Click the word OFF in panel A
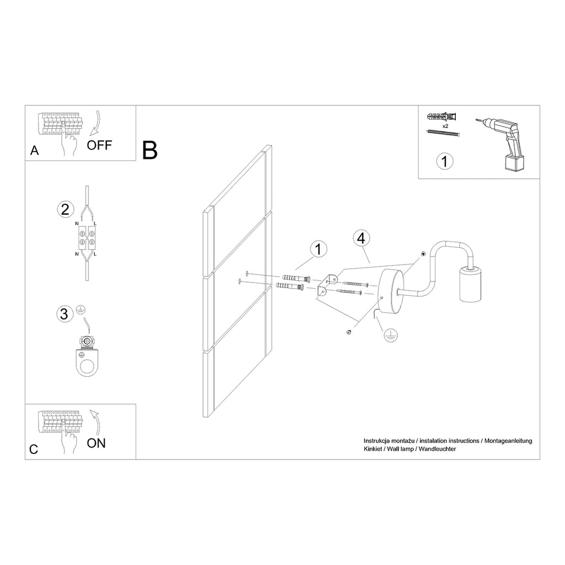point(99,145)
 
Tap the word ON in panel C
point(96,443)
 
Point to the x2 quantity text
point(445,126)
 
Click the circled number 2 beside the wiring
point(66,209)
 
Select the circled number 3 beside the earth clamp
point(65,314)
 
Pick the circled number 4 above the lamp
point(361,238)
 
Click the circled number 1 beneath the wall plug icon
point(445,161)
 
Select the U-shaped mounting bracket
point(327,285)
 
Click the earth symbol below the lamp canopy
point(390,335)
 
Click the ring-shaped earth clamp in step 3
point(86,357)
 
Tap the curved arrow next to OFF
point(95,124)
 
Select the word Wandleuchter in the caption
point(437,449)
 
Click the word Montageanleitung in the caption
point(508,441)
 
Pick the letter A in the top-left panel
point(34,150)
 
